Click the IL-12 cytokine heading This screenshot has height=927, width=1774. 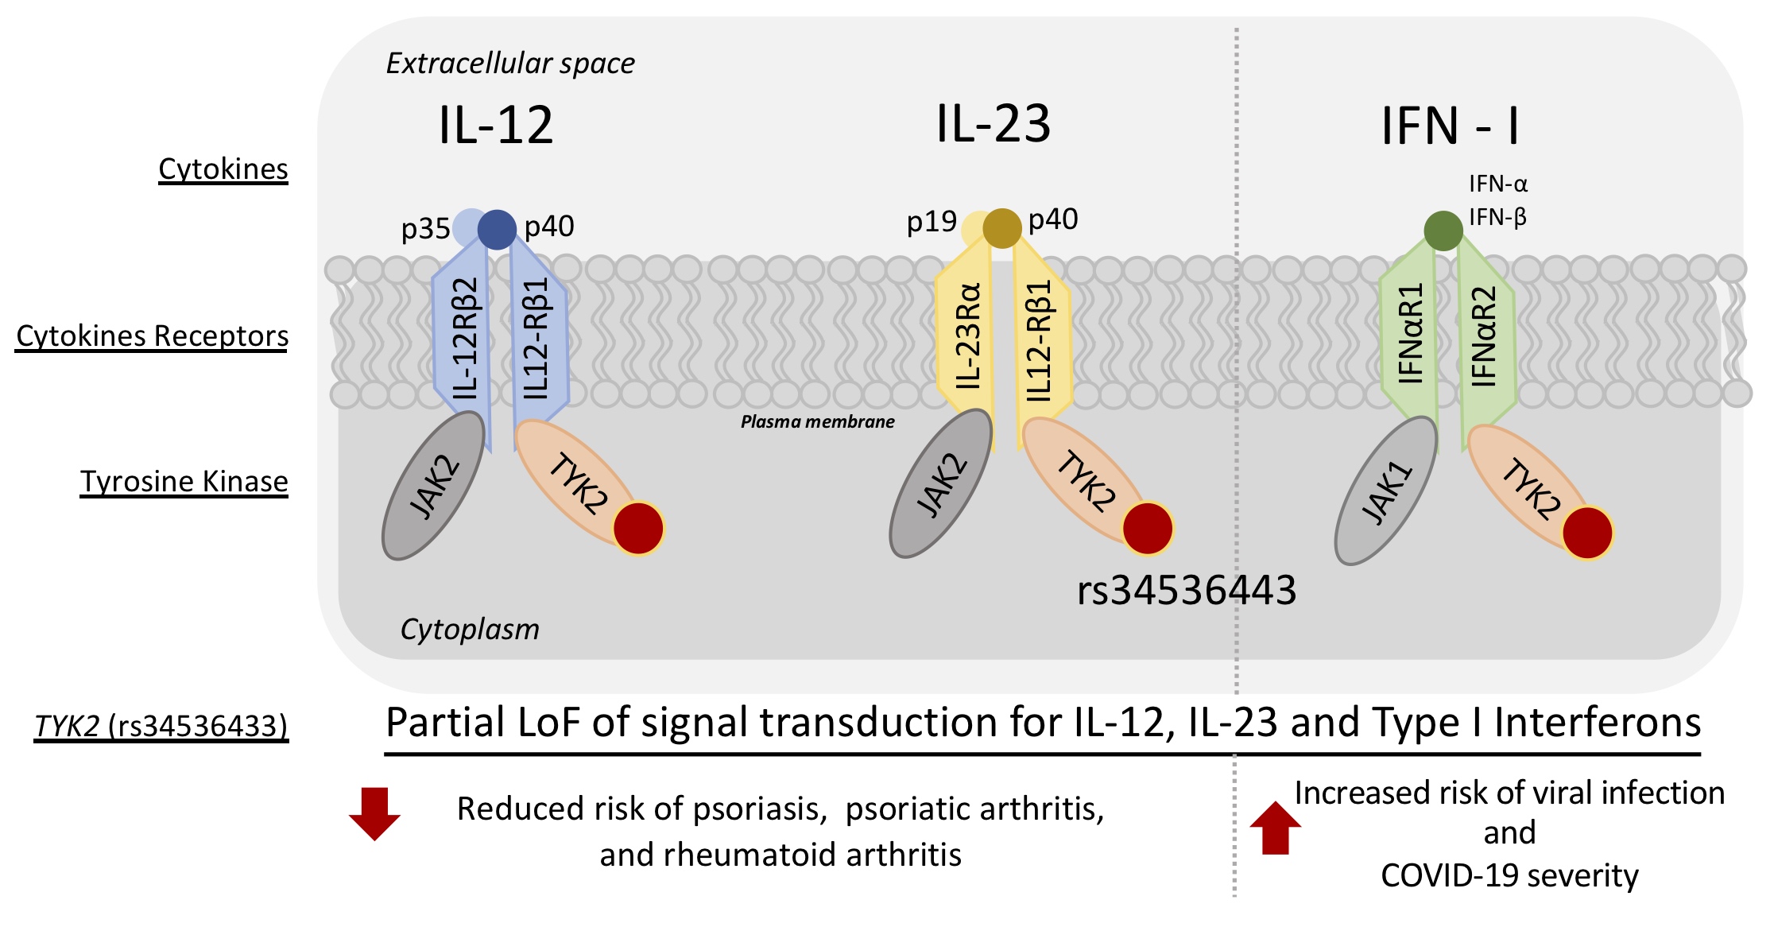(495, 126)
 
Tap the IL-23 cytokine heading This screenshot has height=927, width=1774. (993, 124)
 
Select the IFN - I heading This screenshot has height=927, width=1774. (1450, 126)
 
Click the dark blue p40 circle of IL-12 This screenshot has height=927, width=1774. (497, 230)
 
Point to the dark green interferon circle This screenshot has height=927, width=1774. (1443, 231)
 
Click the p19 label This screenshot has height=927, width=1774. (932, 222)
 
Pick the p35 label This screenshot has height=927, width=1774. (425, 229)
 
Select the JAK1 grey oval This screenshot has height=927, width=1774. (1386, 491)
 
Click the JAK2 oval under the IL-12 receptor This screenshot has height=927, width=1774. (433, 486)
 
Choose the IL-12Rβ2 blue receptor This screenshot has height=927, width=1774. (464, 338)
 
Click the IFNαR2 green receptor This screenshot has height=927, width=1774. (1485, 337)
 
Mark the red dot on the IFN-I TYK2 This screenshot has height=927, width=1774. (1587, 533)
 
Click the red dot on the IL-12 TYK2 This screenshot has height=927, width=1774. (638, 529)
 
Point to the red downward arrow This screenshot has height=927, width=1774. (374, 813)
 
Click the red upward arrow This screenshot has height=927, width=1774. (1275, 828)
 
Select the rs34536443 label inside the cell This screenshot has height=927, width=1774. (1186, 591)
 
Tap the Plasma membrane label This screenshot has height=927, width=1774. (817, 422)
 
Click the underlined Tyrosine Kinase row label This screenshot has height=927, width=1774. (184, 482)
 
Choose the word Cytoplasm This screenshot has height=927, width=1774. (469, 630)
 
